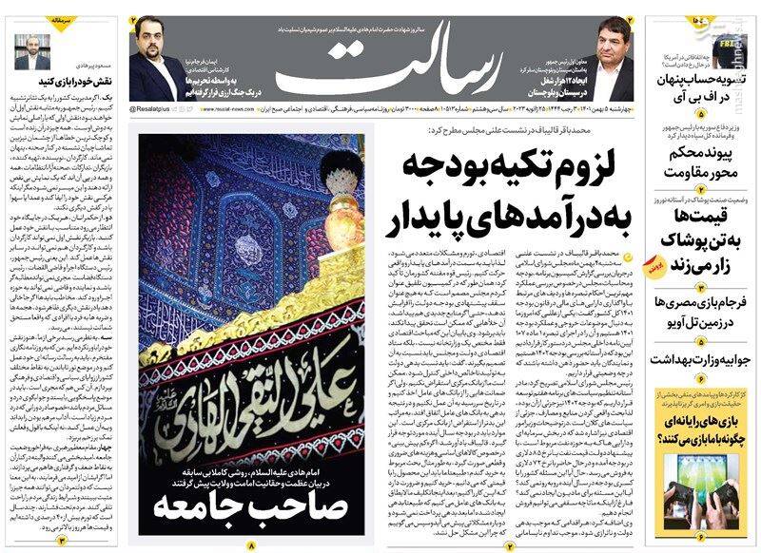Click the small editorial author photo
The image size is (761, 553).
pos(33,48)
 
